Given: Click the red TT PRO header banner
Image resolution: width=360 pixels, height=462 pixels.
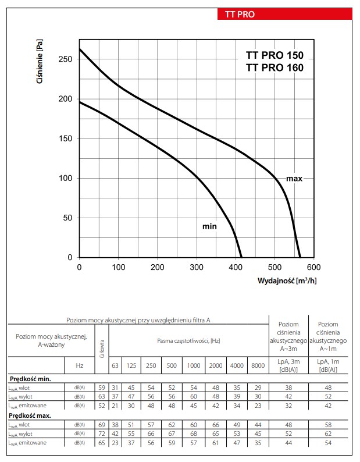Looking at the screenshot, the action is [284, 14].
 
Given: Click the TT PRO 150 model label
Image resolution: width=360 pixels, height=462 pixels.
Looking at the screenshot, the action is [275, 55].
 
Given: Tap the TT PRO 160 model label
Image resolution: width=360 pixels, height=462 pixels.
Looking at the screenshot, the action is [275, 67].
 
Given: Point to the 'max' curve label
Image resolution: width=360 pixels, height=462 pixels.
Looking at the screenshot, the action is [294, 179].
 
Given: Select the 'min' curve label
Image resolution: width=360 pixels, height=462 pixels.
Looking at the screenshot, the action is [209, 226].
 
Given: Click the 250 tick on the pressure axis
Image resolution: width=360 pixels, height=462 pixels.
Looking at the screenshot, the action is [65, 59].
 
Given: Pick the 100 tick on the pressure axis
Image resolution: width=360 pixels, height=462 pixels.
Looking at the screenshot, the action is [65, 178].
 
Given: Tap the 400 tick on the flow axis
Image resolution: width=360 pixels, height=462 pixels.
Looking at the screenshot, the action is [236, 267].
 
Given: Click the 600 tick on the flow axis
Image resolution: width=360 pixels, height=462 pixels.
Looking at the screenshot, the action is [313, 267].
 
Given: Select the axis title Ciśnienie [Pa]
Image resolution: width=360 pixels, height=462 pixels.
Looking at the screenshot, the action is [40, 61].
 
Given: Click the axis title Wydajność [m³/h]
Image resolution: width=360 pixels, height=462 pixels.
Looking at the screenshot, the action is [287, 280].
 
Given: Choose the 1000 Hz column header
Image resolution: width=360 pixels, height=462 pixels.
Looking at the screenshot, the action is [194, 365].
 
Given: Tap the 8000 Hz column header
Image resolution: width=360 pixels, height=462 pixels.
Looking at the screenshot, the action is [258, 365].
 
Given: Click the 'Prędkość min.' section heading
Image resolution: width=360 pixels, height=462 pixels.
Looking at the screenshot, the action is [30, 379].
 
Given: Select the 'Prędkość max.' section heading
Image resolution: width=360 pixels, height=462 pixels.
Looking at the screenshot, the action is [30, 415].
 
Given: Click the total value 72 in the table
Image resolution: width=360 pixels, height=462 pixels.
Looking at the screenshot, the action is [102, 433].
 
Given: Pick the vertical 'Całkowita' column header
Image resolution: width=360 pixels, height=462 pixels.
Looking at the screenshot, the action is [102, 349].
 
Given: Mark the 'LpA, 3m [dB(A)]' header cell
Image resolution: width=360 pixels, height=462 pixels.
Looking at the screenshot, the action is [288, 365].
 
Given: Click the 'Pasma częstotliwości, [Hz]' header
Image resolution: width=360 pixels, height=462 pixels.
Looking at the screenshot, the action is [188, 341].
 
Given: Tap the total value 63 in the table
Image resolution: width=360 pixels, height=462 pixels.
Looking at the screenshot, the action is [102, 397].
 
